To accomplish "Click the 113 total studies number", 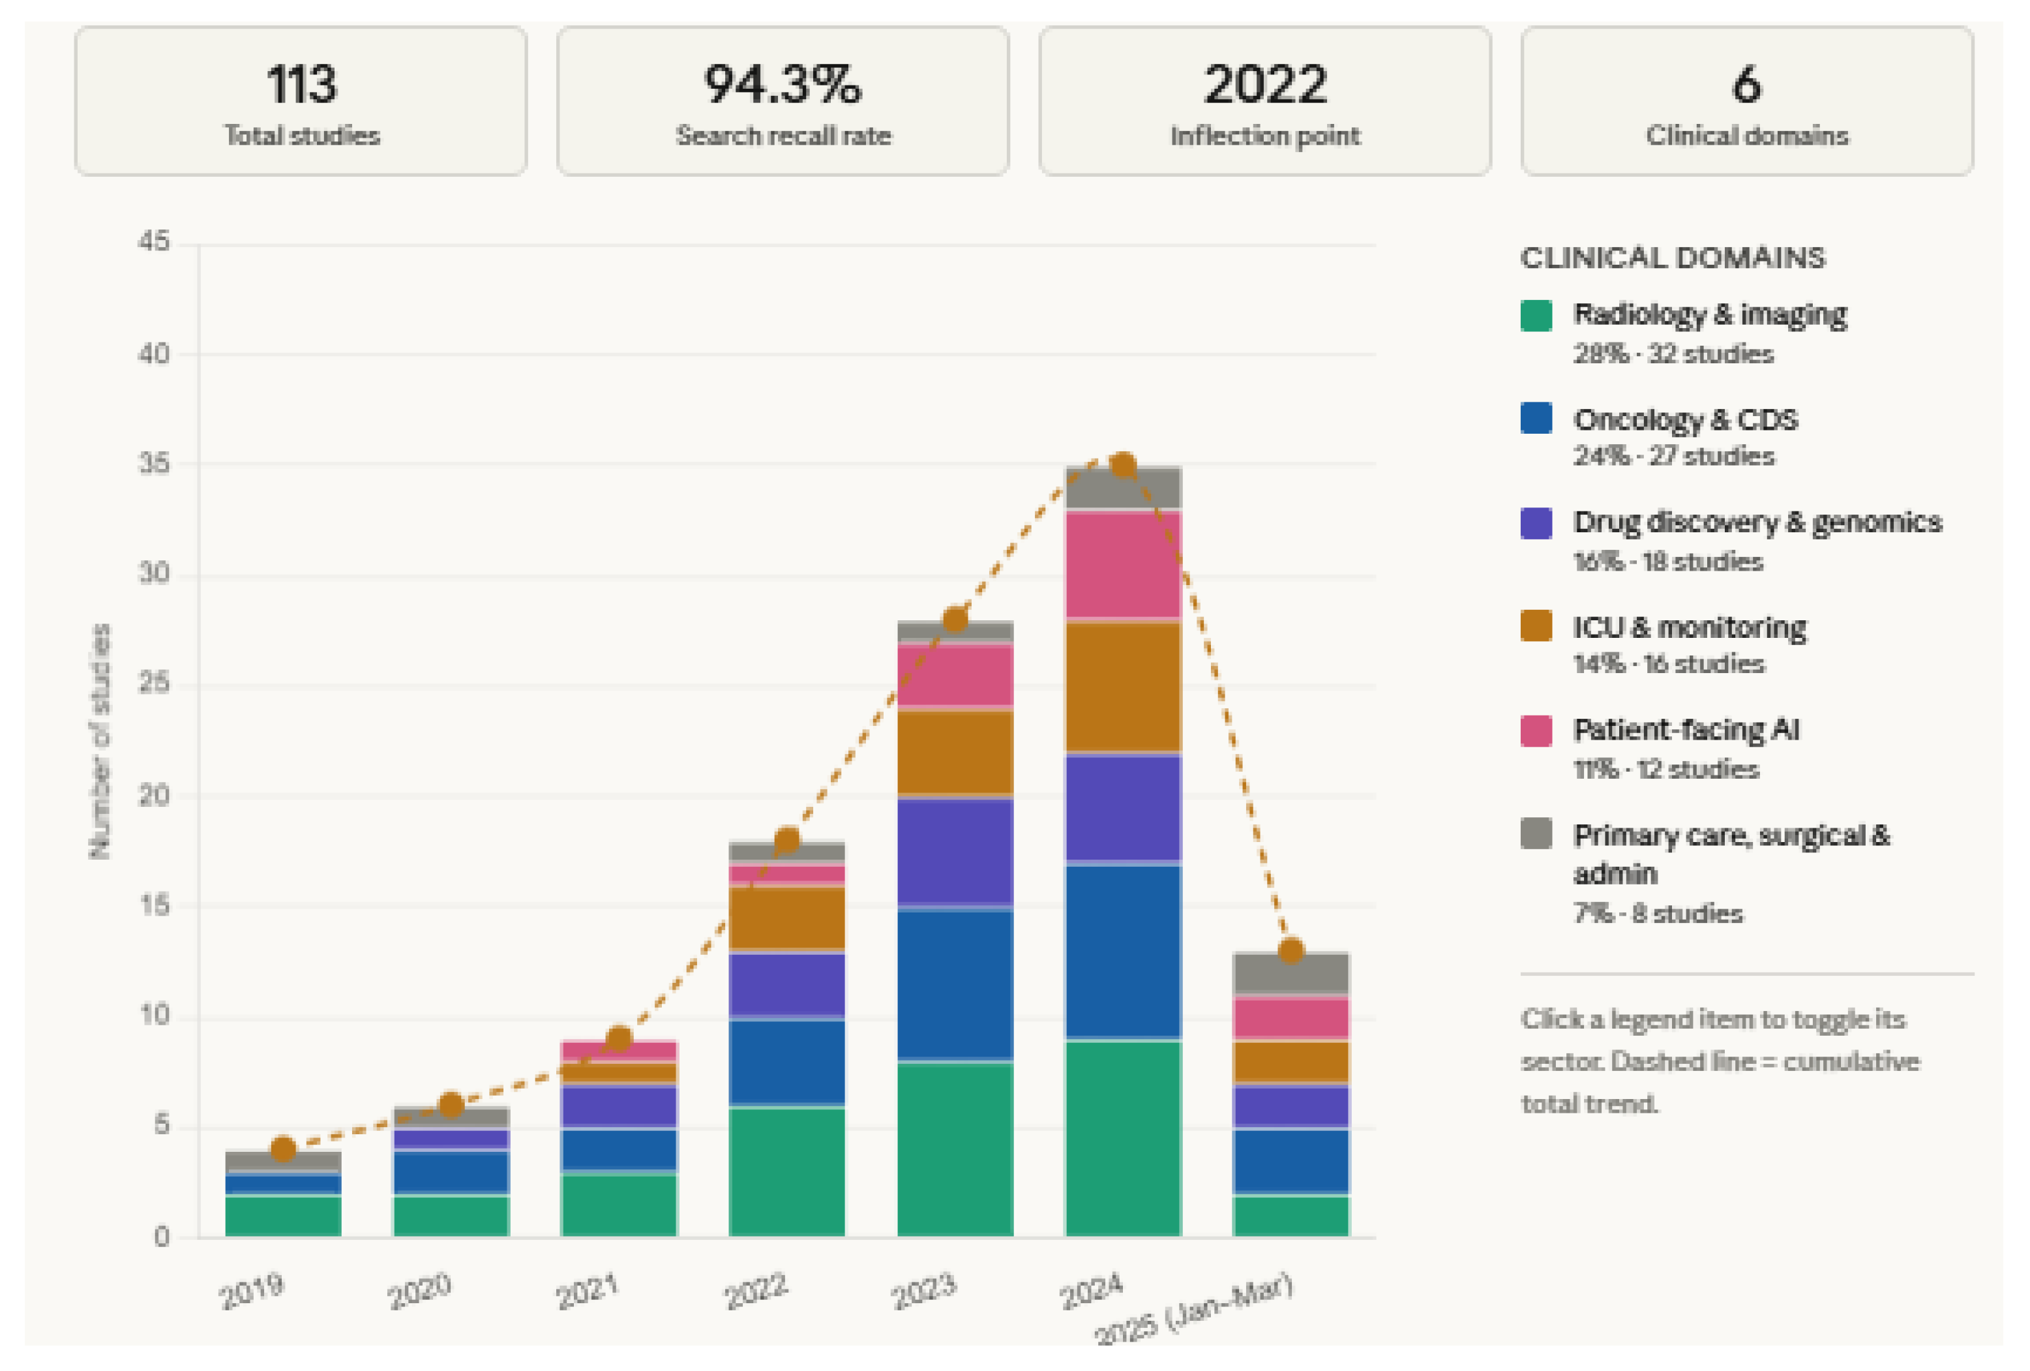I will click(301, 85).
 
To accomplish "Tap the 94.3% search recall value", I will click(783, 85).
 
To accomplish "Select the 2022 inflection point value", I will click(1265, 85).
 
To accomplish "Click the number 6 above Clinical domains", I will click(1746, 85).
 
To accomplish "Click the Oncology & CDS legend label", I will click(1685, 419).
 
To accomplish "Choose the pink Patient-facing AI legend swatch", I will click(1536, 731).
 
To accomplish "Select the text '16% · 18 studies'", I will click(1667, 562).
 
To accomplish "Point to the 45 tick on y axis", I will click(154, 242).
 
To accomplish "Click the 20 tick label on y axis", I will click(154, 796).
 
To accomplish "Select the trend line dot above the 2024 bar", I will click(1122, 466).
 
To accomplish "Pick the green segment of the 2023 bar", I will click(955, 1149).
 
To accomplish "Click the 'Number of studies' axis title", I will click(100, 741).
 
